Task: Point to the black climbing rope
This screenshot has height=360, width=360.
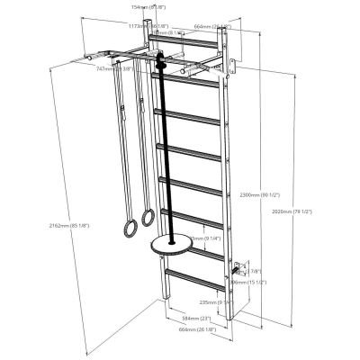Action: [x=166, y=153]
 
